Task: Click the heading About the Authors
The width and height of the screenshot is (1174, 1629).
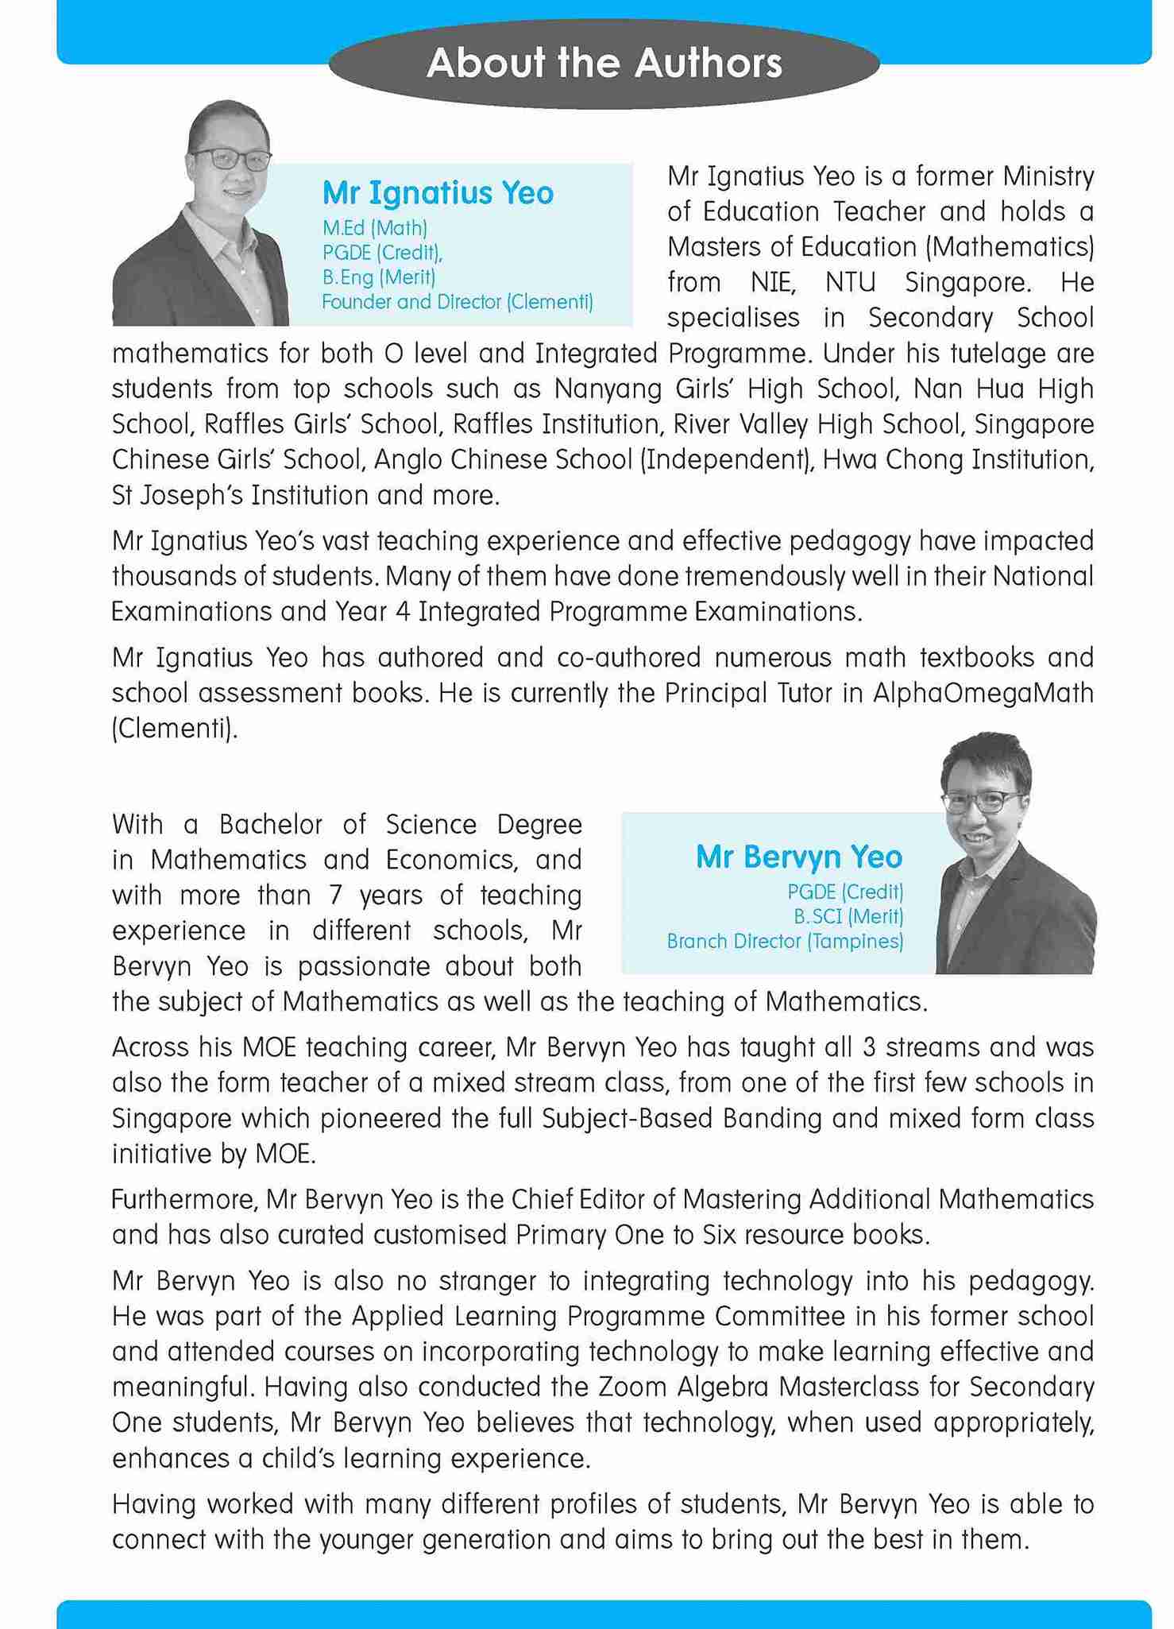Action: pos(604,64)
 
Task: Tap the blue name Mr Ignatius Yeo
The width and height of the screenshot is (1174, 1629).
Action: pos(438,193)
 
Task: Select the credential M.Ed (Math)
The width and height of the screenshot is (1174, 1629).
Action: pos(375,228)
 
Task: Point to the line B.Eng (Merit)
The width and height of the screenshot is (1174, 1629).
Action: pos(379,277)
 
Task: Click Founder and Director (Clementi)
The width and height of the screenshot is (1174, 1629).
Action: pos(458,302)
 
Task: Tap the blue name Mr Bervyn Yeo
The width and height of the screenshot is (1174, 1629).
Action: pos(799,857)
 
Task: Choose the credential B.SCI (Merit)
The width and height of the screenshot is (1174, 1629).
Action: pos(848,916)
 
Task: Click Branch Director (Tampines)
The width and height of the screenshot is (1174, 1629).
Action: pos(785,942)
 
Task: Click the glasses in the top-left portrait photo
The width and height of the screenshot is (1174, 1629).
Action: pos(230,159)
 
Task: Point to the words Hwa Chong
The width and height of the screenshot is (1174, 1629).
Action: pos(886,460)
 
